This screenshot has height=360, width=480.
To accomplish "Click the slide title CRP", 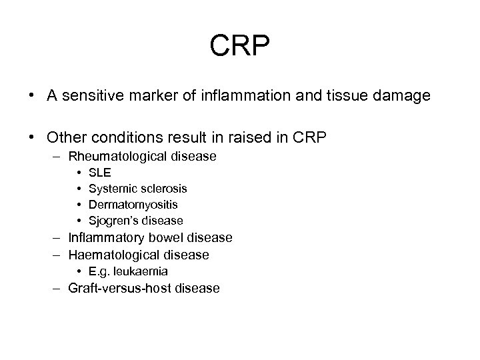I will coord(241,46).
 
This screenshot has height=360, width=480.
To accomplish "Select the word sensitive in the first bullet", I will coord(89,97).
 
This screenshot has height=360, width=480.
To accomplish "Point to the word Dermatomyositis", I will coord(133,205).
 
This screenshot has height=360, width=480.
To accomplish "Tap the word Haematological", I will coord(113,255).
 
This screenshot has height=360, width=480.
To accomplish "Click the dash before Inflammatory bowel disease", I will coord(53,238).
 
